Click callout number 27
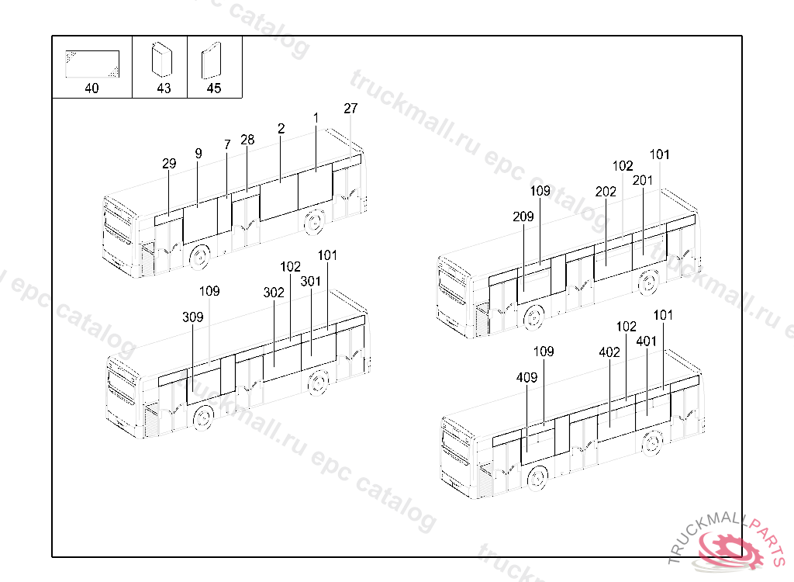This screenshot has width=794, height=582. [x=350, y=109]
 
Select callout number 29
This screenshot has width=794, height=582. [x=169, y=164]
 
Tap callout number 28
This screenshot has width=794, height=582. [x=247, y=140]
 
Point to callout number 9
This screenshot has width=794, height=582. [x=198, y=154]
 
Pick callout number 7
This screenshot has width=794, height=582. [x=227, y=144]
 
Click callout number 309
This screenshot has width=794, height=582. [x=193, y=317]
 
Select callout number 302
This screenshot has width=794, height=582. [x=274, y=293]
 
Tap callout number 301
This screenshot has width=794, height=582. [x=311, y=281]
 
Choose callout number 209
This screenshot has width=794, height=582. [x=523, y=217]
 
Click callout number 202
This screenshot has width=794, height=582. [x=606, y=192]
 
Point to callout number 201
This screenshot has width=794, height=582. [x=643, y=180]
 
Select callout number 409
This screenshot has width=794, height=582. [x=526, y=378]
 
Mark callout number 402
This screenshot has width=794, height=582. [x=609, y=352]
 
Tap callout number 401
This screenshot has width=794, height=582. [x=647, y=341]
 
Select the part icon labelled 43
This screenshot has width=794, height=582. [x=161, y=60]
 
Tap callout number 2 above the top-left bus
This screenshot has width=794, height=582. [x=281, y=128]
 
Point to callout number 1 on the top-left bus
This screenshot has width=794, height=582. [x=316, y=117]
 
